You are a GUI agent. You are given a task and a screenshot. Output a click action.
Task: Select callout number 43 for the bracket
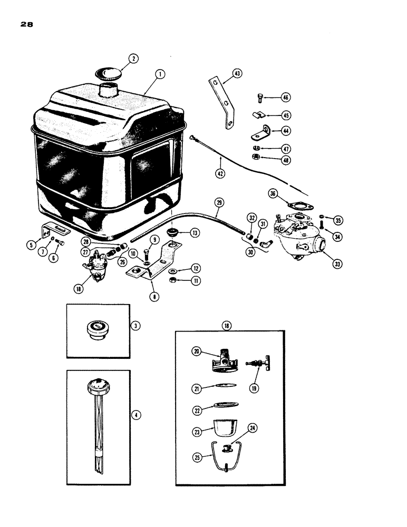pos(237,74)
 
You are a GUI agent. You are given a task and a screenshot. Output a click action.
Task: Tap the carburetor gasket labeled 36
pos(293,204)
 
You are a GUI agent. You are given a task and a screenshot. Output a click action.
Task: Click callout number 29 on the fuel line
pos(220,203)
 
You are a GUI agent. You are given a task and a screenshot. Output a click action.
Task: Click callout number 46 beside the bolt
pos(285,97)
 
